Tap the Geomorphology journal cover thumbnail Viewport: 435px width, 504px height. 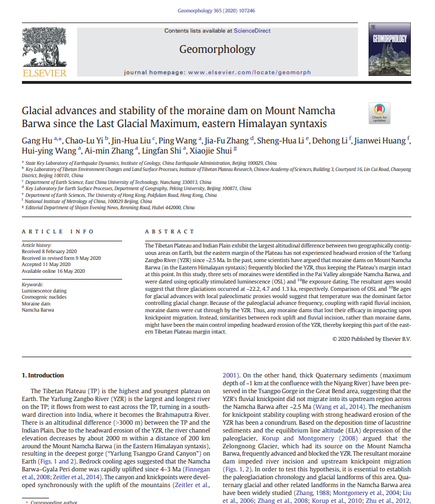point(388,49)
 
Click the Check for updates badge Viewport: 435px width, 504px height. point(378,112)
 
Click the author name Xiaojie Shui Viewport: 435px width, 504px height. point(216,150)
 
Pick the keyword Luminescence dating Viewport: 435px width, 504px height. point(44,291)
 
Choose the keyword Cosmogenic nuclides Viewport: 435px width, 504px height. point(44,298)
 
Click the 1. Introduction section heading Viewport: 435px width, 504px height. point(43,375)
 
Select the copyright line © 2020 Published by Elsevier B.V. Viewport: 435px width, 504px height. point(371,339)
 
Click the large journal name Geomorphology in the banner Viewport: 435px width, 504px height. point(217,49)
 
